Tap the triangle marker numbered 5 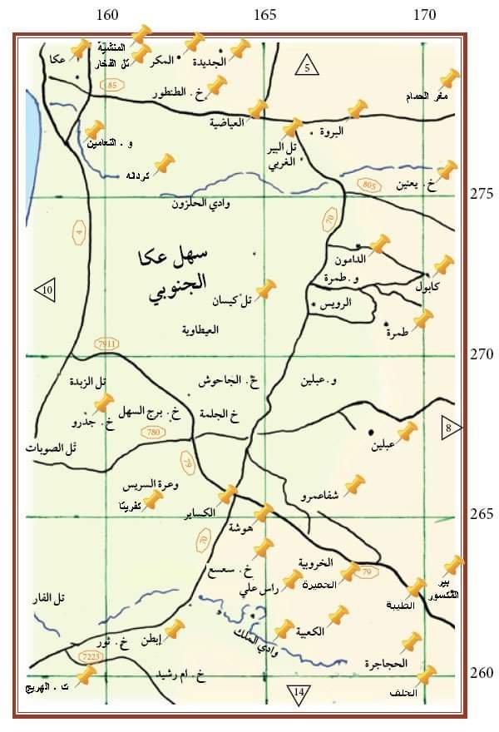tap(307, 67)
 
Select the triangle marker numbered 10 tap(47, 289)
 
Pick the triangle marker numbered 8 tap(449, 428)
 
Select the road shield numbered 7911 tap(108, 343)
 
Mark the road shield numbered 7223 tap(89, 657)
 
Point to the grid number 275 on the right tap(481, 194)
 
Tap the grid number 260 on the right tap(481, 673)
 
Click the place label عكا tap(57, 59)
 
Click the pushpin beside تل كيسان tap(264, 289)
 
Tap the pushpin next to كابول tap(442, 266)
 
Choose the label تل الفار tap(57, 597)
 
